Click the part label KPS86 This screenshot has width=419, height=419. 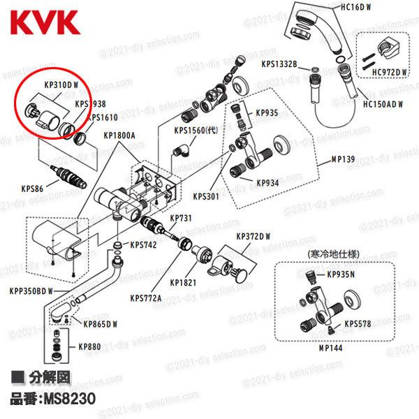tap(31, 188)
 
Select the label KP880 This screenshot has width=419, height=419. tap(89, 346)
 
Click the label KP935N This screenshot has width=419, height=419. tap(341, 274)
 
